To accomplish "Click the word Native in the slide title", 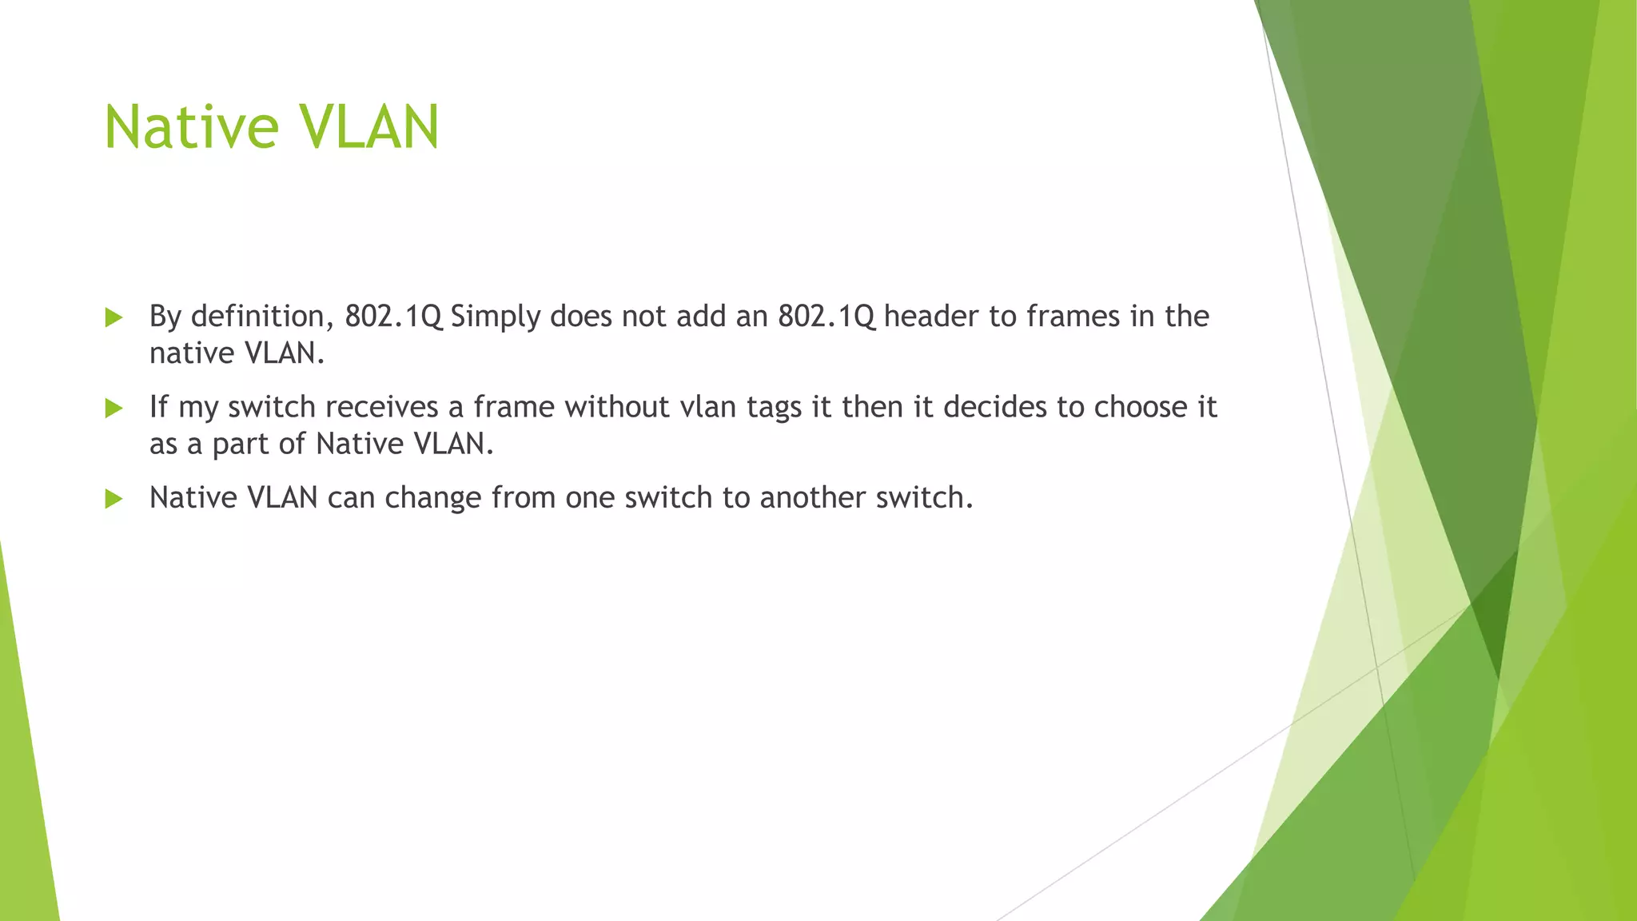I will pos(192,127).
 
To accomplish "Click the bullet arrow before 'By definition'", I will pos(114,318).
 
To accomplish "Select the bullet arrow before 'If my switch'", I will pos(114,409).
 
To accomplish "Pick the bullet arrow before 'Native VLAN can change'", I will pos(114,500).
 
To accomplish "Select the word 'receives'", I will pos(381,407).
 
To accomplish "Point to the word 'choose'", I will pos(1140,407).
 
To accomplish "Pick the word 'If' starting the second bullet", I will pos(158,407).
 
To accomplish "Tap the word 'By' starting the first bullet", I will pos(165,317).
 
